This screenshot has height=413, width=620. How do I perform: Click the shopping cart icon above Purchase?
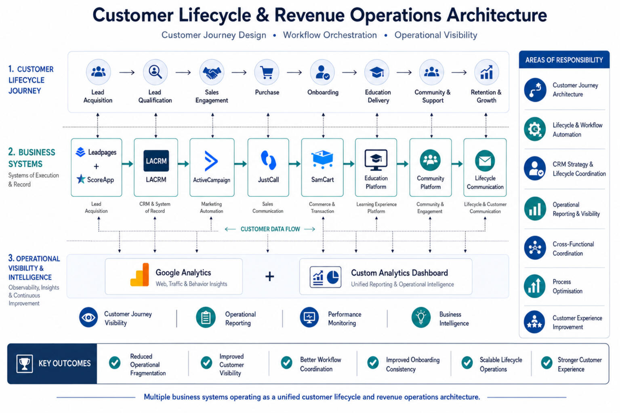point(267,73)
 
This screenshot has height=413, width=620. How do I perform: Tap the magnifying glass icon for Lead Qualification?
point(155,72)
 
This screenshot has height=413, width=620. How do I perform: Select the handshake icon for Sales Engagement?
point(212,72)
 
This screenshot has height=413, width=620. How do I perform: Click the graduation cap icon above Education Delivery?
point(377,73)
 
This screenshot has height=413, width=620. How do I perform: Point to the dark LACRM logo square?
point(156,161)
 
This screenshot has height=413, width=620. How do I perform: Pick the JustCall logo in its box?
point(268,160)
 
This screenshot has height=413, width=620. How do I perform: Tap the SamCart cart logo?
point(322,159)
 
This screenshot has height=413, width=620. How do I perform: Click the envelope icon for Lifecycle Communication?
point(485,161)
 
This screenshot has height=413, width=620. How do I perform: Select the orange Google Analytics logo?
point(140,274)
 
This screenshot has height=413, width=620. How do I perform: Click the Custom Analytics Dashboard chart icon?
point(325,277)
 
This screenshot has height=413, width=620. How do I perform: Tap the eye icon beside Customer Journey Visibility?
point(88,318)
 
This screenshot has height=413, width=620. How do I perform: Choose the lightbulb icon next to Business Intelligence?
point(421,318)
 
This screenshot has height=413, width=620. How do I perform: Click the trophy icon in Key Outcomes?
point(24,363)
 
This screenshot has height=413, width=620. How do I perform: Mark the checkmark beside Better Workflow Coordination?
point(286,362)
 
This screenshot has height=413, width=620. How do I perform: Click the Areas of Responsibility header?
point(564,59)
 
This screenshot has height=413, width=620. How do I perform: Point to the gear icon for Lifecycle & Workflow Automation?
point(535,129)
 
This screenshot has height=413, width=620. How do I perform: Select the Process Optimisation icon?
point(535,286)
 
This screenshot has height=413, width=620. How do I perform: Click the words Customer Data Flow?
point(270,229)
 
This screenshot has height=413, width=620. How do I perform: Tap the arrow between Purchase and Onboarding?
point(294,73)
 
